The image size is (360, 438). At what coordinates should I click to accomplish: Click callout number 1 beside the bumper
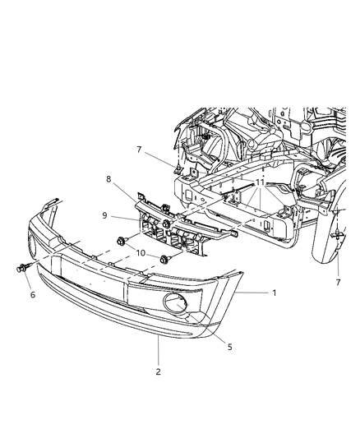point(275,293)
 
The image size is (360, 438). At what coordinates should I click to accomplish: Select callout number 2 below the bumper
point(158,371)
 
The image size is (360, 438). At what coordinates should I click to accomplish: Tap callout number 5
point(230,347)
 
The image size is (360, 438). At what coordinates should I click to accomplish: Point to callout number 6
point(33,294)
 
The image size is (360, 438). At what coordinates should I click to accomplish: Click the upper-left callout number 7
point(139,150)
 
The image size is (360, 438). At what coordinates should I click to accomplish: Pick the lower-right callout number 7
point(338,283)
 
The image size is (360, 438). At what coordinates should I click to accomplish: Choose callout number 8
point(108,179)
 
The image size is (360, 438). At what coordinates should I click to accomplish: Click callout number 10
point(141,253)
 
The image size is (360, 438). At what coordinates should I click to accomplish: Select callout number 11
point(260,182)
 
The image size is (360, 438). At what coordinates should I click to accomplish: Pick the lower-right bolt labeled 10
point(164,259)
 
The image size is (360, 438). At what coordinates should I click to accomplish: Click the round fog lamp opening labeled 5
point(176,302)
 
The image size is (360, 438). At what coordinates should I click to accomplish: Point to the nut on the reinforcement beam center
point(167,224)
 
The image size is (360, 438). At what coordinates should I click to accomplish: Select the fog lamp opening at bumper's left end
point(33,246)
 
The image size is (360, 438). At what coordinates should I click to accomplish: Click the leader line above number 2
point(159,350)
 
